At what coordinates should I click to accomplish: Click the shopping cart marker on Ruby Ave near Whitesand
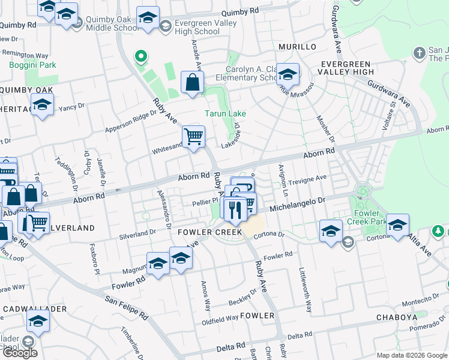point(193,137)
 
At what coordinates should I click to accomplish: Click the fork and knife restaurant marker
point(234,208)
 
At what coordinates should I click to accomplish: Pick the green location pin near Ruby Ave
point(141,58)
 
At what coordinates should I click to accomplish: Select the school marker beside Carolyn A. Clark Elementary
point(288,74)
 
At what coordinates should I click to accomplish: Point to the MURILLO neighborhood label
point(297,47)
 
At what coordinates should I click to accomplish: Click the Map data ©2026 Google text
point(411,355)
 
